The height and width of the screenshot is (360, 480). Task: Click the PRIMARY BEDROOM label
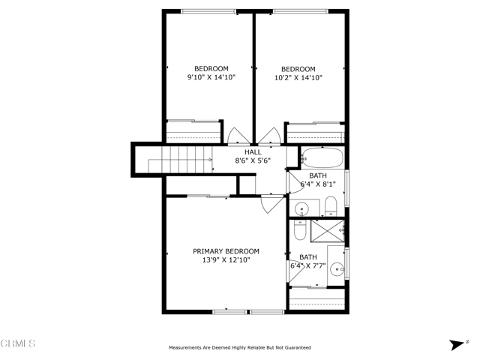click(x=226, y=251)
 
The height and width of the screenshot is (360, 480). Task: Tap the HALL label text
click(x=253, y=152)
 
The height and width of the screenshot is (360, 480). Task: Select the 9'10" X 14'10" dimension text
click(x=211, y=77)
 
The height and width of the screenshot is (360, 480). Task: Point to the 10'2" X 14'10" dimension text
click(x=298, y=78)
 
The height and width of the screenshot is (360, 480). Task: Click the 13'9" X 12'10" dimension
click(x=226, y=260)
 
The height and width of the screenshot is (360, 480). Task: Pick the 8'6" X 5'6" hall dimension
click(x=253, y=160)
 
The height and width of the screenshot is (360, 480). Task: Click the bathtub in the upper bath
click(x=322, y=157)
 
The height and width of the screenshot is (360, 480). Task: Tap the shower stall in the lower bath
click(x=328, y=231)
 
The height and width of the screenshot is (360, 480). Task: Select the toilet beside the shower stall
click(x=300, y=230)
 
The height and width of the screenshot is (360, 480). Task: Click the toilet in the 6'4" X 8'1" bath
click(x=331, y=206)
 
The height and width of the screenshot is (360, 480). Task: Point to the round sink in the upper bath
click(x=301, y=210)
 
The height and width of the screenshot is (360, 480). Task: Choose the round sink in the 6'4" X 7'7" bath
click(x=337, y=269)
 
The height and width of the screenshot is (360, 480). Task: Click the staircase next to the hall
click(x=181, y=160)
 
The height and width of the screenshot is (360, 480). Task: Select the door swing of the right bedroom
click(x=269, y=136)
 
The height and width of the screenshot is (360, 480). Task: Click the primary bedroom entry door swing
click(x=271, y=204)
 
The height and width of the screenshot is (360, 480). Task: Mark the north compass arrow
click(x=457, y=345)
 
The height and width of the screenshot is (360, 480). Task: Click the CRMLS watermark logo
click(x=18, y=343)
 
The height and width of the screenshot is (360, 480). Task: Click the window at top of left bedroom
click(x=208, y=12)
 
